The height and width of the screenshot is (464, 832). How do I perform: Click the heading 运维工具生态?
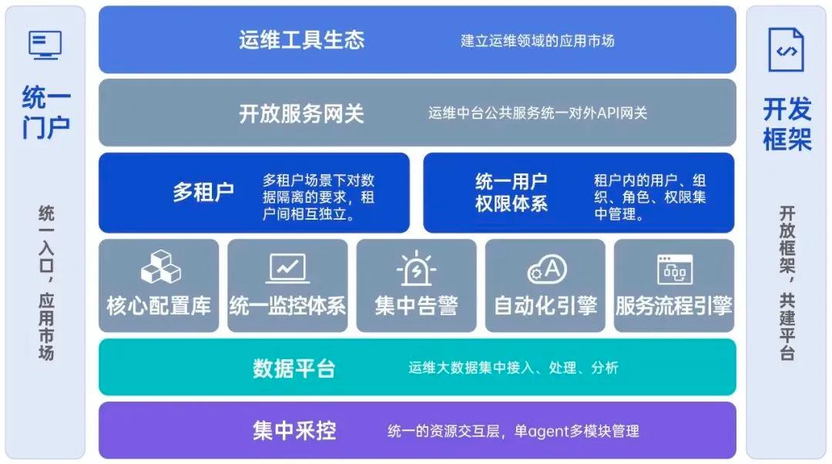pyautogui.click(x=300, y=40)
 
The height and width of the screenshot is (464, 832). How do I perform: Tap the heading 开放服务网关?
pyautogui.click(x=300, y=114)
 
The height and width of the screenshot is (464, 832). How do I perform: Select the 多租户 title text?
pyautogui.click(x=203, y=192)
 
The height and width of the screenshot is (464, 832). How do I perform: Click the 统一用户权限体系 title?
pyautogui.click(x=512, y=193)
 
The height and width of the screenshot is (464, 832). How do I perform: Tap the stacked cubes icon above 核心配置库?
pyautogui.click(x=160, y=267)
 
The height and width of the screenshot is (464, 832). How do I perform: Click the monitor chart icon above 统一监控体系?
pyautogui.click(x=288, y=267)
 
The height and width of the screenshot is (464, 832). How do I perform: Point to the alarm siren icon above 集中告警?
pyautogui.click(x=417, y=267)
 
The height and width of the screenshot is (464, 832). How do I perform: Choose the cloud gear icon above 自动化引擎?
pyautogui.click(x=546, y=269)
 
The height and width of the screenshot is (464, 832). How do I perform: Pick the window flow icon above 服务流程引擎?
pyautogui.click(x=674, y=269)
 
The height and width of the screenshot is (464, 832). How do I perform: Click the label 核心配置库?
pyautogui.click(x=159, y=305)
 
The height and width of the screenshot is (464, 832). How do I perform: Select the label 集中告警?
pyautogui.click(x=416, y=305)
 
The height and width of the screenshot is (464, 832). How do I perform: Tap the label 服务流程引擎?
pyautogui.click(x=673, y=305)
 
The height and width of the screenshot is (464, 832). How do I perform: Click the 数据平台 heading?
pyautogui.click(x=294, y=368)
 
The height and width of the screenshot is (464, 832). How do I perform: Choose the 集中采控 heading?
pyautogui.click(x=294, y=430)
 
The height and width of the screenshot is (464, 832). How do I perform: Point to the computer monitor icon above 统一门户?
pyautogui.click(x=45, y=45)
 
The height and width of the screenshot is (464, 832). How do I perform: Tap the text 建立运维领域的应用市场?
pyautogui.click(x=538, y=40)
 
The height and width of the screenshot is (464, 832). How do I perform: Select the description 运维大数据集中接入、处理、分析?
pyautogui.click(x=513, y=368)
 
